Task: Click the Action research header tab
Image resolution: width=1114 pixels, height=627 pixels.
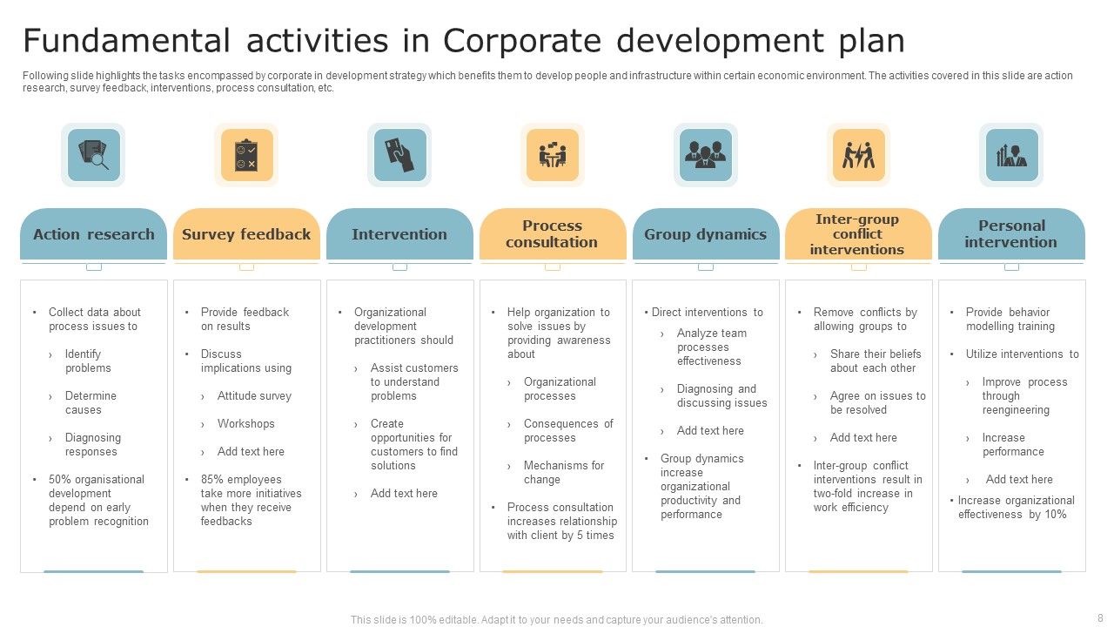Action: (x=93, y=234)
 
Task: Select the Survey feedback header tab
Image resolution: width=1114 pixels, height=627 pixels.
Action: (x=246, y=234)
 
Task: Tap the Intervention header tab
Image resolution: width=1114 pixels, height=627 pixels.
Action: (x=399, y=234)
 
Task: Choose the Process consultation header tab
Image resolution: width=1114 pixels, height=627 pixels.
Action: (x=552, y=234)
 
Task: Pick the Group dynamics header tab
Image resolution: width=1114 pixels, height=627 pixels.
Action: (x=705, y=234)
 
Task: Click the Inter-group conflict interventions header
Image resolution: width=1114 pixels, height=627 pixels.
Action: (x=857, y=234)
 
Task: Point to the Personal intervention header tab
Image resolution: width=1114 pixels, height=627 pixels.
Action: (x=1010, y=234)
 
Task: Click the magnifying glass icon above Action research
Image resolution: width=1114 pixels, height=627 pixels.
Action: (x=93, y=155)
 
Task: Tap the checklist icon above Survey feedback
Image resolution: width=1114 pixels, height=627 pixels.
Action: (x=246, y=155)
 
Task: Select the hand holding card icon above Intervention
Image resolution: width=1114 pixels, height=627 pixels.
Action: (x=399, y=155)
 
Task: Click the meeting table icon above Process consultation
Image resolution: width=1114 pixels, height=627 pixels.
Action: (x=552, y=155)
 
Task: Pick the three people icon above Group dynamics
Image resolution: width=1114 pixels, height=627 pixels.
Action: (x=705, y=155)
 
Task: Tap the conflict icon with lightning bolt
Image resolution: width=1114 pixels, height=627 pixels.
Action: (x=858, y=155)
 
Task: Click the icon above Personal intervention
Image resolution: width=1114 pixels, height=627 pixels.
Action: (x=1011, y=155)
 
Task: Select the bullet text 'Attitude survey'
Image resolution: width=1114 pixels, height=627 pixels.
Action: (x=254, y=396)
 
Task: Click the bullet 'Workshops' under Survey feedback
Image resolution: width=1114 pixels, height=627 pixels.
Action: (x=245, y=424)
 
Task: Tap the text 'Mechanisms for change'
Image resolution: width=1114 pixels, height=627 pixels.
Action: (x=563, y=473)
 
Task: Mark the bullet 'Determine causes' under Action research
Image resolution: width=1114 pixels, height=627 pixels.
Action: (x=91, y=403)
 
